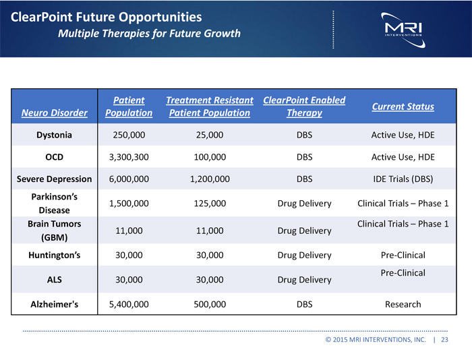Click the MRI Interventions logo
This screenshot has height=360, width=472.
[403, 27]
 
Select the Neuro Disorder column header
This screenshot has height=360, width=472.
[53, 113]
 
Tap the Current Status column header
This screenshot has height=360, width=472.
[403, 107]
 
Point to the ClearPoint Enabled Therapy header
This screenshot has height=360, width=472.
[304, 107]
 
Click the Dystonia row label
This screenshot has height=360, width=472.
[54, 135]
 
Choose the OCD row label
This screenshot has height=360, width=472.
[54, 157]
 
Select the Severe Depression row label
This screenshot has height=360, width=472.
[54, 179]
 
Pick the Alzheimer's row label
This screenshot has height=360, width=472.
[54, 304]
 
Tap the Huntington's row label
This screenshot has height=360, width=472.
[54, 255]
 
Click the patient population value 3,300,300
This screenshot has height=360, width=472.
[129, 157]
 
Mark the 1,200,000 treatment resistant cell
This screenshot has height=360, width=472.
[210, 179]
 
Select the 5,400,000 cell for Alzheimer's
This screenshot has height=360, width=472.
[129, 304]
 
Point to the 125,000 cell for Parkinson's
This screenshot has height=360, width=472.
[210, 204]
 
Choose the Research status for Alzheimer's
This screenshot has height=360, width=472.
[403, 304]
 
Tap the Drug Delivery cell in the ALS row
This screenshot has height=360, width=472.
[304, 280]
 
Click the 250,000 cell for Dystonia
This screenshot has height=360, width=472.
[129, 135]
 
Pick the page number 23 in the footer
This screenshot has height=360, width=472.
[444, 340]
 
